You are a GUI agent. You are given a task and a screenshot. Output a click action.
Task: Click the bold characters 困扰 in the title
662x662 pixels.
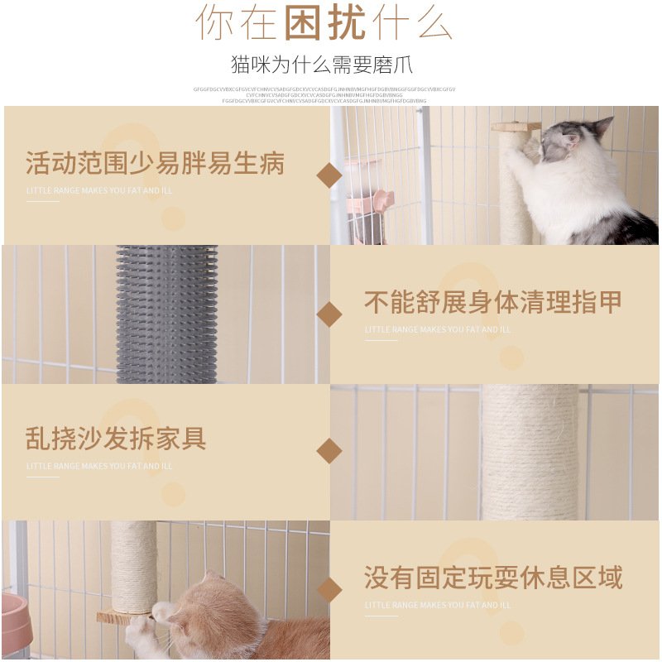click(x=324, y=22)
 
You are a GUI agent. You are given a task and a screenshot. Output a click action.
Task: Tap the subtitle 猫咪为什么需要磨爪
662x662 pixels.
click(x=322, y=65)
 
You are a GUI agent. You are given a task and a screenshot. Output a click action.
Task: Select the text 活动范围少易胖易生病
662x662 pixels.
click(x=155, y=163)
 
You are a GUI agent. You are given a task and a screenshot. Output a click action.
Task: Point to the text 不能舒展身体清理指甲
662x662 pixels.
click(x=493, y=302)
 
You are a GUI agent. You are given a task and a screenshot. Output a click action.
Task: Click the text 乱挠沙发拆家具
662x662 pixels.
click(x=116, y=438)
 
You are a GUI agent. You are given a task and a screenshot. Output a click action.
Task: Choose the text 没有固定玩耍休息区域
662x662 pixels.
click(x=493, y=578)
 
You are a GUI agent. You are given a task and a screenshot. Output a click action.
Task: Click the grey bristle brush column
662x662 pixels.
click(x=166, y=314)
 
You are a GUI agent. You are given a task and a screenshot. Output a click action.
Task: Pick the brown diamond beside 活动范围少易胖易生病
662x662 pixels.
click(x=329, y=175)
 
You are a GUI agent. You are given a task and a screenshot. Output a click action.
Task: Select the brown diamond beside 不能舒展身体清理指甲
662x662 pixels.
click(x=329, y=314)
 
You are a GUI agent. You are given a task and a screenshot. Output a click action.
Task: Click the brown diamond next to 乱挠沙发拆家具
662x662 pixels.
click(x=329, y=451)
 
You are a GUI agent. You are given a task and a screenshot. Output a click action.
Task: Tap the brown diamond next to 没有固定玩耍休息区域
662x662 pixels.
click(x=329, y=590)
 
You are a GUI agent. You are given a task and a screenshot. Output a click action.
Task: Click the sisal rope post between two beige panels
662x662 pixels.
click(x=530, y=451)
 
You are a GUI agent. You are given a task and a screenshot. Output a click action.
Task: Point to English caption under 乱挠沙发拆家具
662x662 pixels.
click(x=99, y=466)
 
